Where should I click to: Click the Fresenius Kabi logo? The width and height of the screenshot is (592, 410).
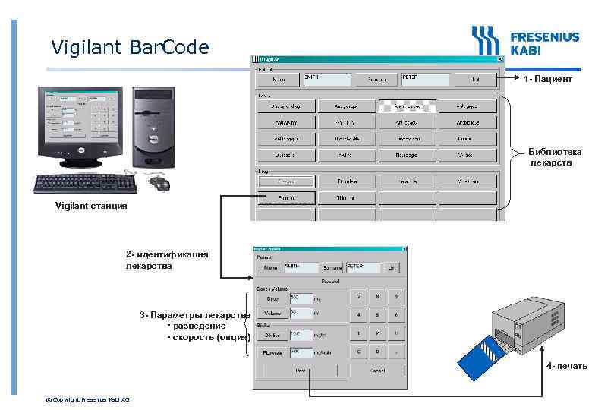524,41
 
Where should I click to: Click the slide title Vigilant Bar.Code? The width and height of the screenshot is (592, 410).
130,48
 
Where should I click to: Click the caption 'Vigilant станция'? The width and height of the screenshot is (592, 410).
91,205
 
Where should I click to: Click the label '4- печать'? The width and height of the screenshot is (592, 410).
566,367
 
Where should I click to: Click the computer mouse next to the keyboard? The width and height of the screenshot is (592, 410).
161,184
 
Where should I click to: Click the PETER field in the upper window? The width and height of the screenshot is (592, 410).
424,79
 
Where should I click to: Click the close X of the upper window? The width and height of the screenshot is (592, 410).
499,58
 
